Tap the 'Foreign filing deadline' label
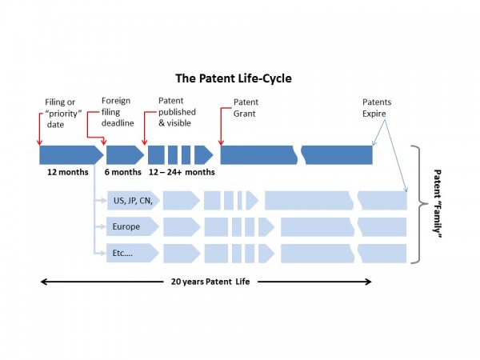pos(117,113)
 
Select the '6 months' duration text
pos(123,172)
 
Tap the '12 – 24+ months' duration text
pos(182,172)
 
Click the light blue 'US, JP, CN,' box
pos(133,200)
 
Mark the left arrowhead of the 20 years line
pos(44,282)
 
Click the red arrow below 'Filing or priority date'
pos(40,128)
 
